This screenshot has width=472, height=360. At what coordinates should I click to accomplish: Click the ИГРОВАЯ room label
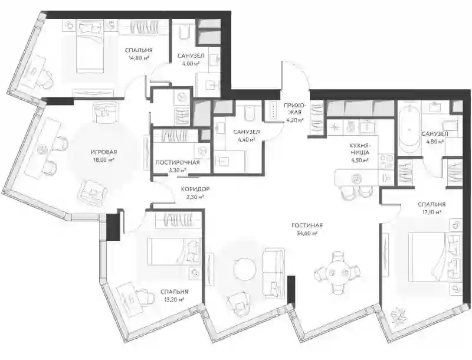(104, 152)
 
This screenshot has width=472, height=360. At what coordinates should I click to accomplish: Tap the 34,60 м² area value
(307, 233)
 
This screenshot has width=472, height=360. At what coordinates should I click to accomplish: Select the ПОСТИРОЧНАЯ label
(178, 162)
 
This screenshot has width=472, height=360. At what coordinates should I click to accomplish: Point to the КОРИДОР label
(195, 189)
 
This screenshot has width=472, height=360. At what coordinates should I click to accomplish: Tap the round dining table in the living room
(337, 273)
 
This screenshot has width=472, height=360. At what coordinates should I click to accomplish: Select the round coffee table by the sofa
(245, 269)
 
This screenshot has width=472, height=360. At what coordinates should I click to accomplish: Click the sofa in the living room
(273, 273)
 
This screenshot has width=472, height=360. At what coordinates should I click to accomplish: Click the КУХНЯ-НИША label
(359, 149)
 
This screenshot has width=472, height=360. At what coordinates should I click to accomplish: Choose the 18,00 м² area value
(104, 160)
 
